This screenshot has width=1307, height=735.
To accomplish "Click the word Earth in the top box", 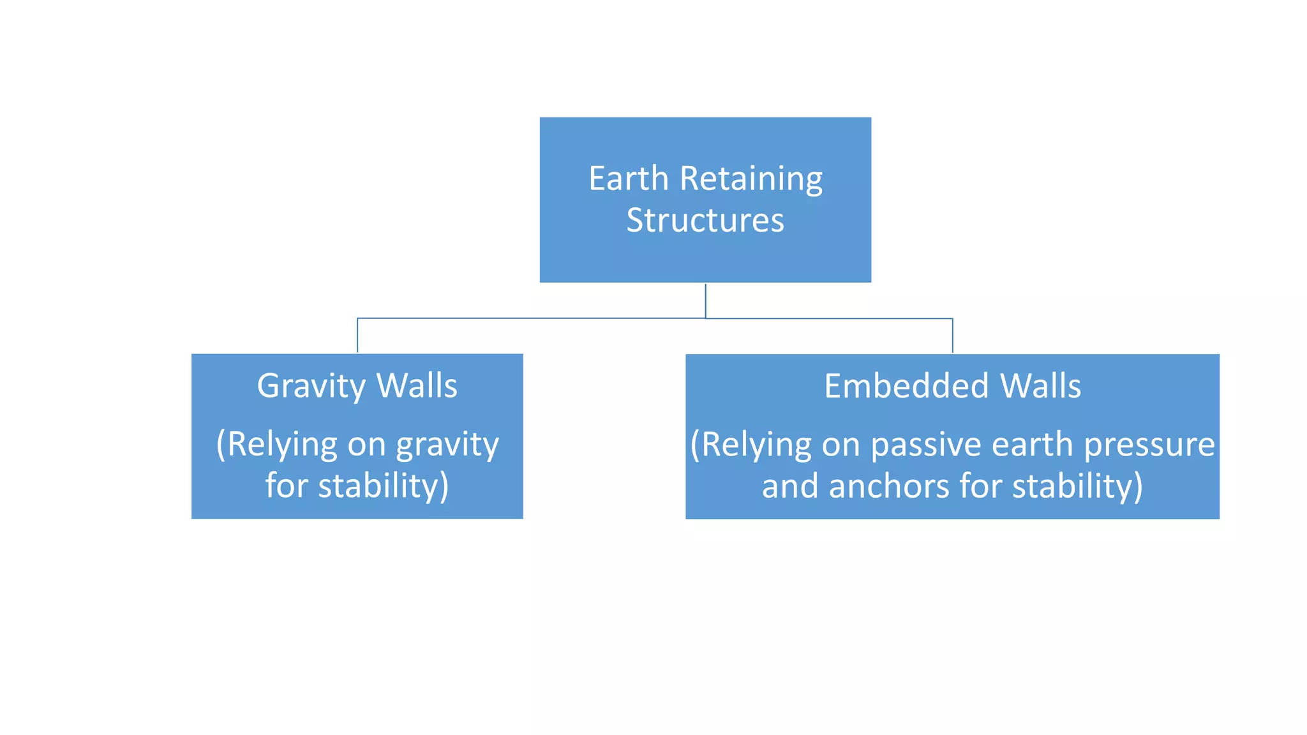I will pos(628,179).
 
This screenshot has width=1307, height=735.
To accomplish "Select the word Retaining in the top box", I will pos(751,180).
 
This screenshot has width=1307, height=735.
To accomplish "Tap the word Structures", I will pos(705,221).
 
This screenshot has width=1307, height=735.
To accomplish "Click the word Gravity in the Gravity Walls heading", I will pos(311,387).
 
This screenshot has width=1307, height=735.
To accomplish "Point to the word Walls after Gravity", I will pos(417,386).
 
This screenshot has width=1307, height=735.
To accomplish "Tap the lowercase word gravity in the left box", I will pos(447,445).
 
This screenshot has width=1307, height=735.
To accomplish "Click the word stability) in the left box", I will pos(384,486).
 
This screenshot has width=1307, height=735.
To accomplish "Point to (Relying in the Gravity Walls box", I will pos(276,445).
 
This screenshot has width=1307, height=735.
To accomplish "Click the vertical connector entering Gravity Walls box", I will pos(357,336).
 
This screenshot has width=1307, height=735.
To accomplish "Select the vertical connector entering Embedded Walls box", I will pos(952,336).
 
